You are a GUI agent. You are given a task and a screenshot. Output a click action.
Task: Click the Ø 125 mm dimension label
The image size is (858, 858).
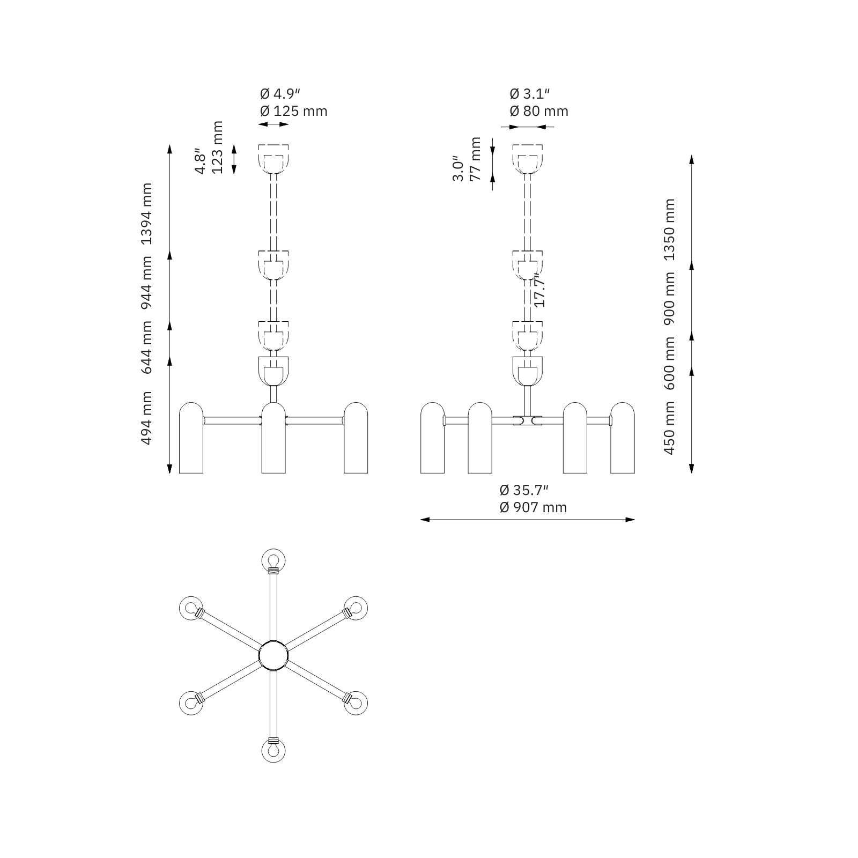coord(293,111)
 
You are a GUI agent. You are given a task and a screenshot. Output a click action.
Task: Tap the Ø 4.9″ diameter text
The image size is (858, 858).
coord(280,94)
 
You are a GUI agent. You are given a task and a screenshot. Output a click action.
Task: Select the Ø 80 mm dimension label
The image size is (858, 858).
coord(539,111)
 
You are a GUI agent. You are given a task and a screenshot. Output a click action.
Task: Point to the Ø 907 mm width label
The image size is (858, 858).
coord(533,507)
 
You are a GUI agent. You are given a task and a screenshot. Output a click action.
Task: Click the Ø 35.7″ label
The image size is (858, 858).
coord(524,490)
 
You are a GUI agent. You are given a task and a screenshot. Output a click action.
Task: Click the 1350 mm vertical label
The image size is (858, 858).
coord(669,230)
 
